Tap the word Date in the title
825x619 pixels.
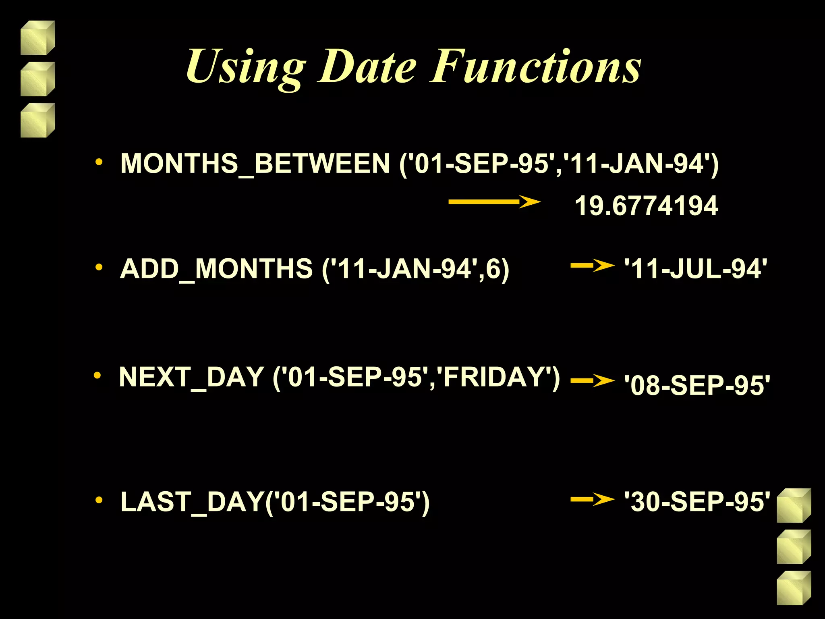point(367,66)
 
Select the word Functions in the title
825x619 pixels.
point(536,66)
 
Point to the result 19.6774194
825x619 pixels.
point(646,206)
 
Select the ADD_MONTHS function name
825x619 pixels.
point(216,269)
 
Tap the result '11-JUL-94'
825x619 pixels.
point(695,269)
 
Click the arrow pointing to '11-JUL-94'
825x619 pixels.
point(592,266)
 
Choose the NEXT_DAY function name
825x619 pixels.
point(191,377)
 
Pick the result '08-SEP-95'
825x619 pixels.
point(696,385)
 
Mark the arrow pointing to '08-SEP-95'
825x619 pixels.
point(592,381)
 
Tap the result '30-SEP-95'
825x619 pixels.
point(696,502)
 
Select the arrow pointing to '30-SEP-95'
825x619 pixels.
point(592,500)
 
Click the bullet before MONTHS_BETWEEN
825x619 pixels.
point(99,163)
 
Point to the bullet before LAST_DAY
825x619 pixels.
point(99,501)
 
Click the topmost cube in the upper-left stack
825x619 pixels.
point(37,38)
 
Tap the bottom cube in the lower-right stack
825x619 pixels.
point(794,588)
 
